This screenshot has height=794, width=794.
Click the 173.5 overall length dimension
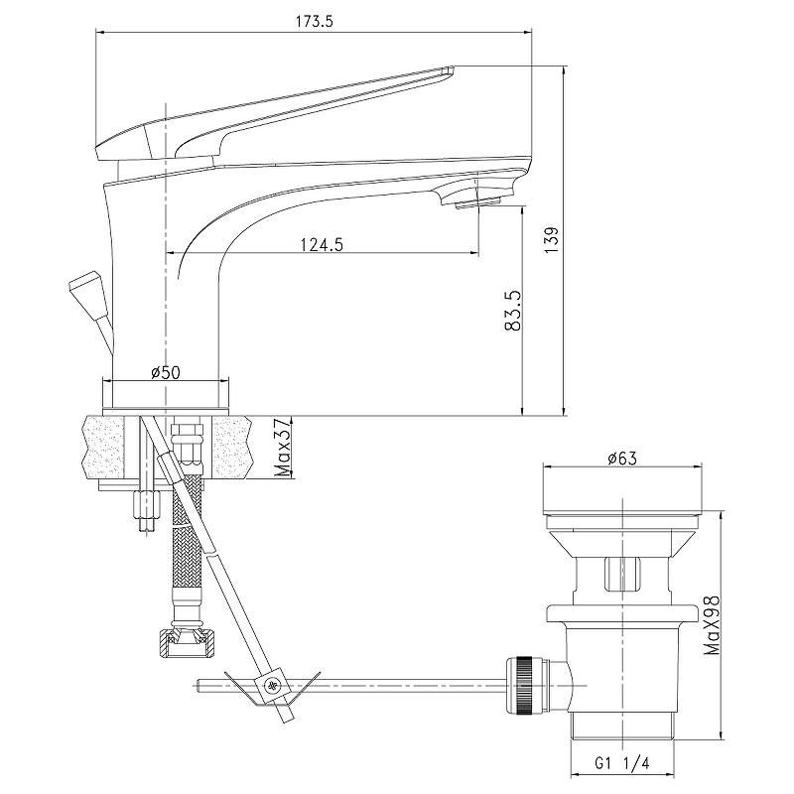[x=314, y=22]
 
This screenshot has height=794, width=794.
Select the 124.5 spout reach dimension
[x=322, y=244]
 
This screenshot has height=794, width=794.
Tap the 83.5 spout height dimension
[x=513, y=311]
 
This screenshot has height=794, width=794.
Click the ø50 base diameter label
[x=166, y=373]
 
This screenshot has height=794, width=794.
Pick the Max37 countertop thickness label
[x=284, y=448]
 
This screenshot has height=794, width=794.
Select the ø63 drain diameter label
[x=622, y=459]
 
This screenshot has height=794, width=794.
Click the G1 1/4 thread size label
[x=621, y=762]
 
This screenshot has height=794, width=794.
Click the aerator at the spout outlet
[x=478, y=203]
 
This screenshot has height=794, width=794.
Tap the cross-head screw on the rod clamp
[x=273, y=686]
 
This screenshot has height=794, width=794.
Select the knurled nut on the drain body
[x=524, y=686]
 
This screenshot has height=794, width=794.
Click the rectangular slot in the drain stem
[x=622, y=574]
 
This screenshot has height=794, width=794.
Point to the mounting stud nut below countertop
[x=146, y=504]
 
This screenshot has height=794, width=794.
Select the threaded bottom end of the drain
[x=623, y=727]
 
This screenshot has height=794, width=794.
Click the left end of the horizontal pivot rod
[x=198, y=686]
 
